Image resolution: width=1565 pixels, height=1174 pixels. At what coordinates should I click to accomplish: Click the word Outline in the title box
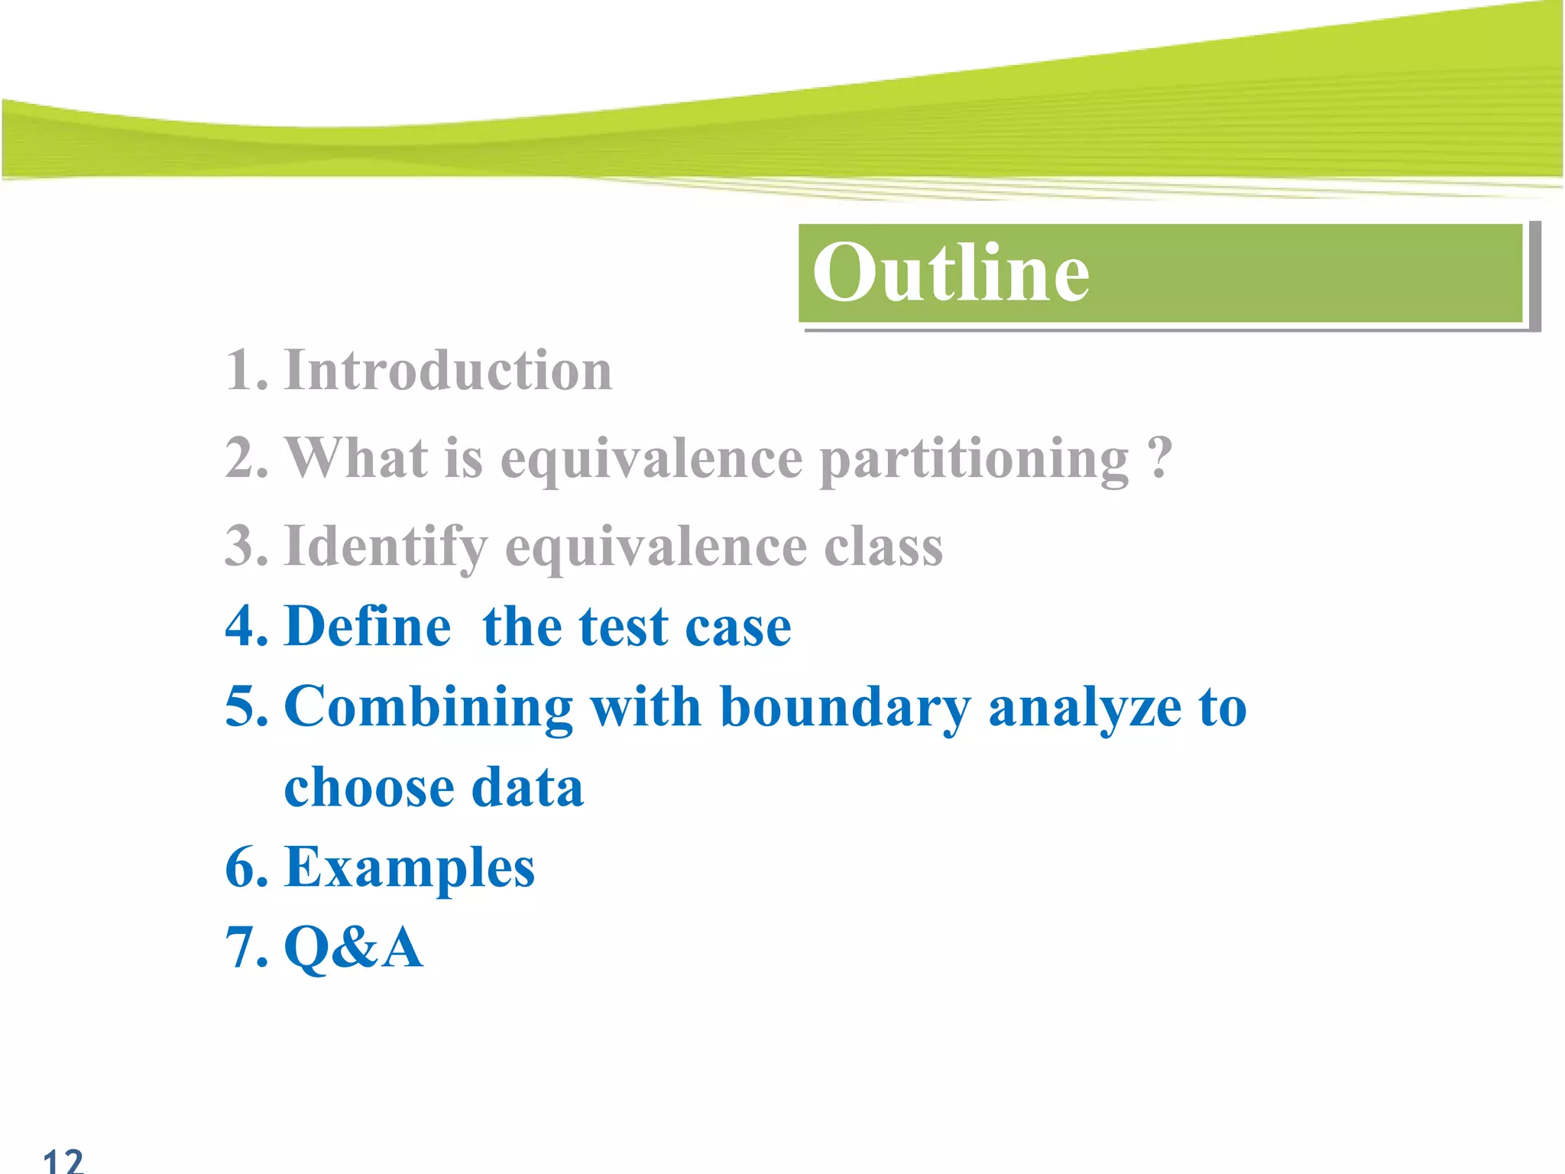click(x=951, y=273)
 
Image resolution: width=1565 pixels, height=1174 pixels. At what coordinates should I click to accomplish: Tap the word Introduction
click(x=449, y=371)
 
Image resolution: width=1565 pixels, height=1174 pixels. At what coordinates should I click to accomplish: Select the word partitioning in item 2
click(x=974, y=459)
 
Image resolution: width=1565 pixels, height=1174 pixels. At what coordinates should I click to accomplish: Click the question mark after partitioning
click(x=1159, y=458)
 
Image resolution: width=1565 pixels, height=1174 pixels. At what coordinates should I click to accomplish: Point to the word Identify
click(x=386, y=547)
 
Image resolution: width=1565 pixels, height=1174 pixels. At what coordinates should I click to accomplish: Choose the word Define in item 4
click(x=368, y=628)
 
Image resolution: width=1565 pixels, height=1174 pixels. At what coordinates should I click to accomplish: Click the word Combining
click(x=429, y=707)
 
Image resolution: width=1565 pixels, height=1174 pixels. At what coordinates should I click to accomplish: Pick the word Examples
click(x=410, y=869)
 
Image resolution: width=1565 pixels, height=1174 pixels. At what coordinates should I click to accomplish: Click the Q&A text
click(x=354, y=948)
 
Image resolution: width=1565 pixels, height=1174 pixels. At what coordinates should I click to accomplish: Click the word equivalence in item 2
click(x=651, y=459)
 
